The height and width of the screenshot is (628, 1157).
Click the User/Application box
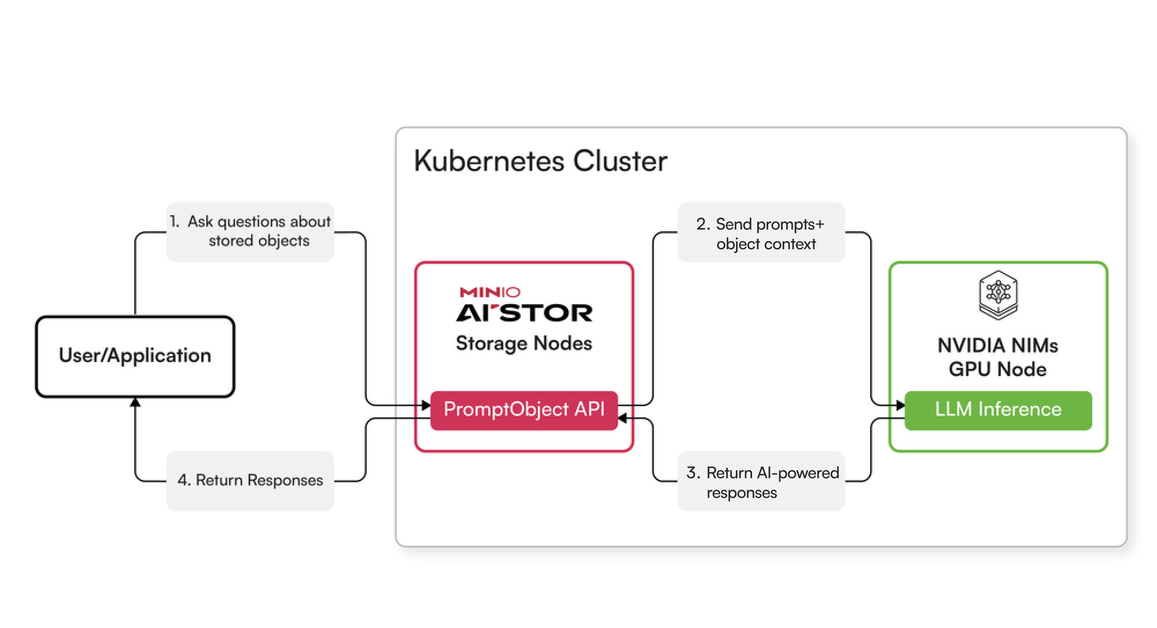(135, 356)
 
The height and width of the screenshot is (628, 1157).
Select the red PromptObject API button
(524, 410)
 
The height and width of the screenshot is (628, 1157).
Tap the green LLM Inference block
(998, 410)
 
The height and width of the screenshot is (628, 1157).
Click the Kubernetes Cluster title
(540, 161)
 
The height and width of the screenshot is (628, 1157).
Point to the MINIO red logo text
(490, 292)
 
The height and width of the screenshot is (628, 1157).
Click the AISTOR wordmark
(524, 313)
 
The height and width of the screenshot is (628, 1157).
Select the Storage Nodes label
(524, 343)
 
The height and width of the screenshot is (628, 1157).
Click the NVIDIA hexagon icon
(998, 294)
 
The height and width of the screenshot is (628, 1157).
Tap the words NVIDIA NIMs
(998, 346)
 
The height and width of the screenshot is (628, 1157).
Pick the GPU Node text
(998, 370)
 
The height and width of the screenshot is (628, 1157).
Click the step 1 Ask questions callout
(250, 231)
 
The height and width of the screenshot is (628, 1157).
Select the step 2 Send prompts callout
(761, 234)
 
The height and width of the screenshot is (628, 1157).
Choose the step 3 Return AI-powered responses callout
(761, 482)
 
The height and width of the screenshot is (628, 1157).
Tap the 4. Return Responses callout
(250, 481)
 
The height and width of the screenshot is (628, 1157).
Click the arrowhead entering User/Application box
(135, 402)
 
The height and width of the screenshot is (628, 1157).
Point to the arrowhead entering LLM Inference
(901, 405)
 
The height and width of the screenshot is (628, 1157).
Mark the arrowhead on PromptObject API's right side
(622, 418)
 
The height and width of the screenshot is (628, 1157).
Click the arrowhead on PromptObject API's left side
(426, 405)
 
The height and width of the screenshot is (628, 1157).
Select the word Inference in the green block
(1019, 410)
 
